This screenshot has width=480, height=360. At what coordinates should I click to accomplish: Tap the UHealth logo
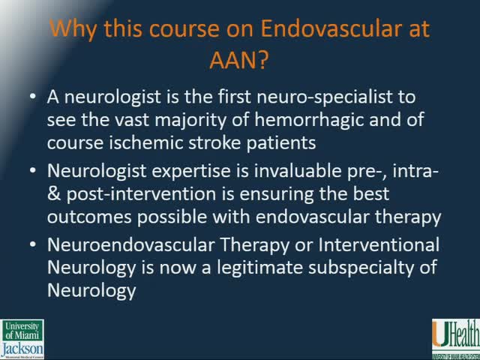pos(452,339)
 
